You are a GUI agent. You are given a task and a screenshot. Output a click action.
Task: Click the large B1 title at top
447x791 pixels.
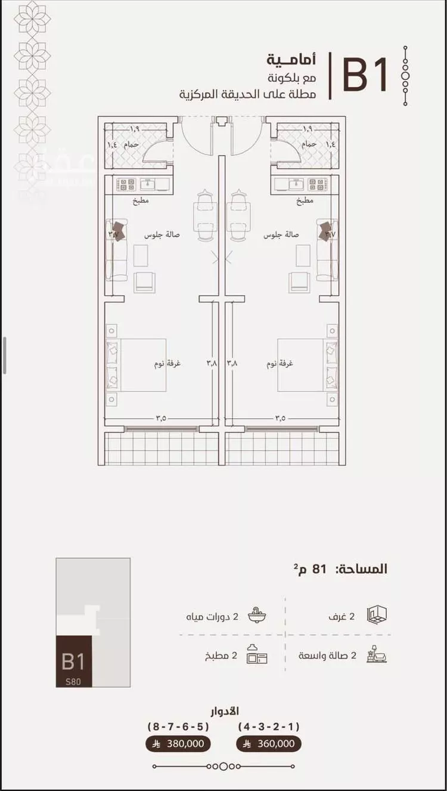pyautogui.click(x=365, y=75)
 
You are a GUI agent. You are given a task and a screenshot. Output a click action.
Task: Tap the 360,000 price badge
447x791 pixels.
pyautogui.click(x=269, y=744)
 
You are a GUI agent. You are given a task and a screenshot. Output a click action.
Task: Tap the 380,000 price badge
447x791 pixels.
pyautogui.click(x=178, y=744)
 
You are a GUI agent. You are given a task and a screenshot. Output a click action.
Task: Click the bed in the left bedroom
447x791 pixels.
pyautogui.click(x=136, y=365)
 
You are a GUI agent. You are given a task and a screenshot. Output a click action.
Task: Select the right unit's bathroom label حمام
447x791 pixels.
pyautogui.click(x=308, y=145)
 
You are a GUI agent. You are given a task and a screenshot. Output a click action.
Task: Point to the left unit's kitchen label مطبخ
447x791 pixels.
pyautogui.click(x=141, y=202)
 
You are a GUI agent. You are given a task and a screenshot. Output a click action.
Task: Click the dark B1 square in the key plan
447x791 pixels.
pyautogui.click(x=74, y=662)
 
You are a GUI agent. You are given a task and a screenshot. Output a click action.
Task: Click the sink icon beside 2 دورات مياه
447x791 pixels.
pyautogui.click(x=257, y=616)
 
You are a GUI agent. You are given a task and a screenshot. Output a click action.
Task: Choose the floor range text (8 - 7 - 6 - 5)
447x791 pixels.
pyautogui.click(x=178, y=727)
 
